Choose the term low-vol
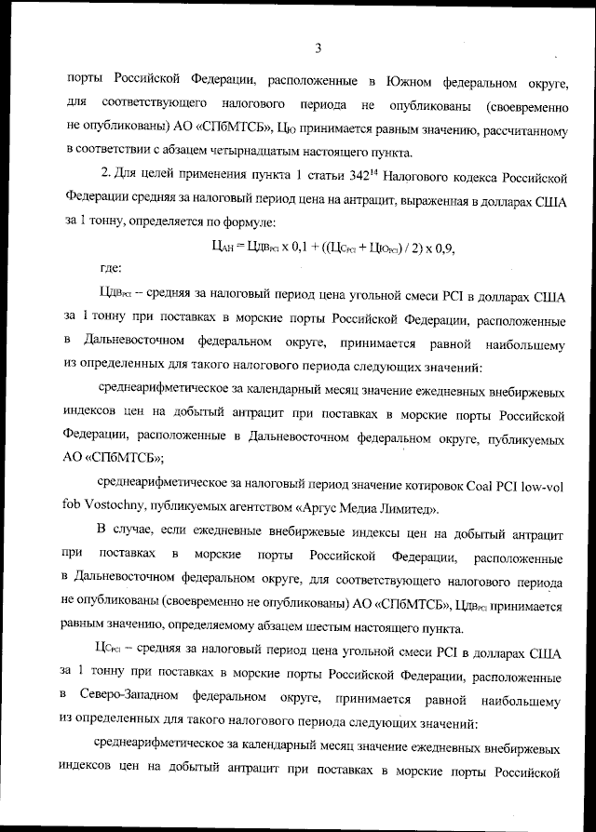pos(543,485)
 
